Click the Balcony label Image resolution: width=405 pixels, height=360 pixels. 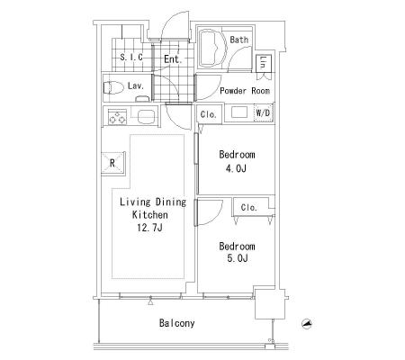coord(176,323)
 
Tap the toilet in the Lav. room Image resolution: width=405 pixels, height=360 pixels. coord(113,87)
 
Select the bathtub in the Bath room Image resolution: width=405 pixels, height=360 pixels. coord(212,48)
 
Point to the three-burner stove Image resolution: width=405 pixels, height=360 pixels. coord(117,117)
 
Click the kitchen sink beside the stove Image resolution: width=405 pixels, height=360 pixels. coord(146,117)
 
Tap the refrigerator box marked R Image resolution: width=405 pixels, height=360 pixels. coord(112,163)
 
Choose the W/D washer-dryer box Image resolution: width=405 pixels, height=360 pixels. coord(263,113)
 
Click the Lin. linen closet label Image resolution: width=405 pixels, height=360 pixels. coord(264,62)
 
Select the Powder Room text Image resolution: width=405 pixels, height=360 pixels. coord(245,91)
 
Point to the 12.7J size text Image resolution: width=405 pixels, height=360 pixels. coord(149,228)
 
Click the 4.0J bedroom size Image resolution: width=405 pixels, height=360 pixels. coord(236,168)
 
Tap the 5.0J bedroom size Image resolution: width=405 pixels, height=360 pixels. coord(238,258)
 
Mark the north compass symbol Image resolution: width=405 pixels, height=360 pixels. coord(307,324)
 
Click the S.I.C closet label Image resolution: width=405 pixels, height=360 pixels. coord(131,57)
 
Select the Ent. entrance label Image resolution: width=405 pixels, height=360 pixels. coord(173,59)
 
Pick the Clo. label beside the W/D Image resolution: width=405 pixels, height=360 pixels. coord(208,114)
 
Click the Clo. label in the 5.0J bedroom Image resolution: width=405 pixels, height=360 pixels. coord(249,207)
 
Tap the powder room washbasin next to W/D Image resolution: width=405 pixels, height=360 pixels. coord(239,112)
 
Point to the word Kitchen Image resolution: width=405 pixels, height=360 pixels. coord(150,215)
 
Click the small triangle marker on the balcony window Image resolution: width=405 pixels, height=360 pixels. coord(150,301)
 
